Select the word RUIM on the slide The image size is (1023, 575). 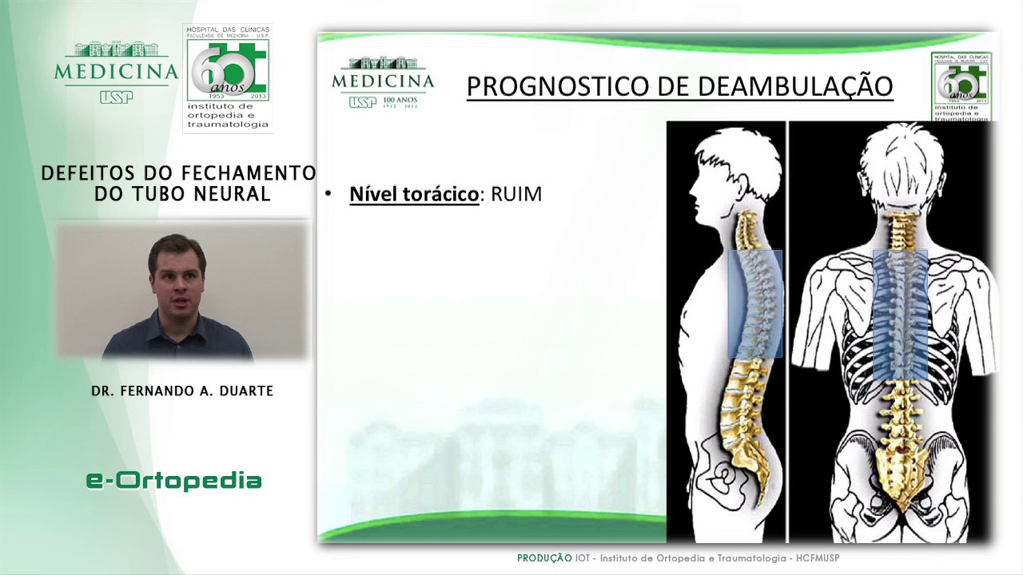(516, 194)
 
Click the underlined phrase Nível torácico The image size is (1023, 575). (414, 194)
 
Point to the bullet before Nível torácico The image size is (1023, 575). (328, 194)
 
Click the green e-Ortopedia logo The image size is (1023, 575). (174, 480)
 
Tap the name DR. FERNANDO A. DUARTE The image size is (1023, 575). (182, 391)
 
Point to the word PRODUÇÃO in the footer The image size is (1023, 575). (544, 558)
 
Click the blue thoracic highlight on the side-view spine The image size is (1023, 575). (754, 303)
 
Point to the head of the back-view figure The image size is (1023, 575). (902, 168)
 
